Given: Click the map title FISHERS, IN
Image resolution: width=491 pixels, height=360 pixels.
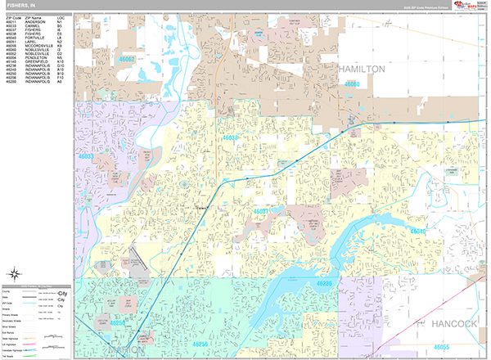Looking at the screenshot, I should tap(20, 5).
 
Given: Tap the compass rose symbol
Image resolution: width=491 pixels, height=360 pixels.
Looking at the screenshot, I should tap(14, 274).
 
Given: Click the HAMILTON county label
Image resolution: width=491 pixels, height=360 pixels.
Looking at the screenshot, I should tap(361, 70).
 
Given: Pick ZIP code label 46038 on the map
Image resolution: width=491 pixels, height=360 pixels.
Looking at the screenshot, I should tap(232, 138).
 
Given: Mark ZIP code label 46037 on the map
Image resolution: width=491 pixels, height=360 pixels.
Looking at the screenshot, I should tap(262, 211).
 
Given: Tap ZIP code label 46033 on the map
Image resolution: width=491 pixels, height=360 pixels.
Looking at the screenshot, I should tap(86, 155).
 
